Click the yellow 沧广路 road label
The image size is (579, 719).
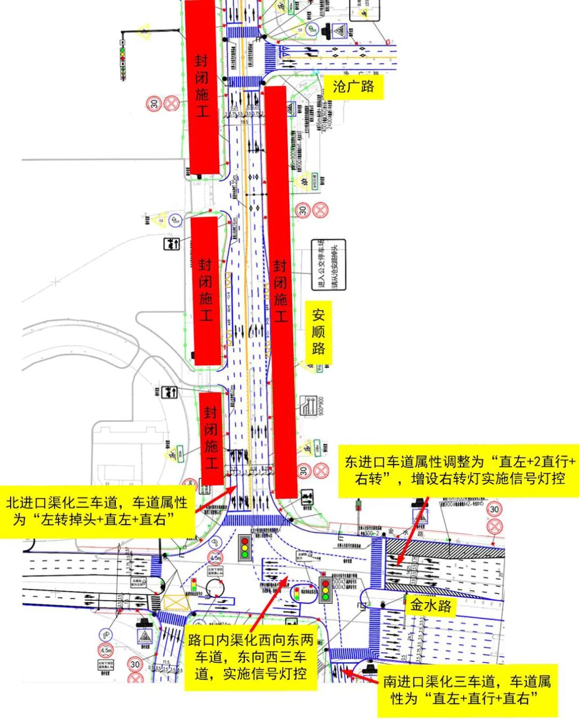353,86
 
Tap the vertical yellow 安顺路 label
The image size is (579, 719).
318,332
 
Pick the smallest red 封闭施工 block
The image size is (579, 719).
211,438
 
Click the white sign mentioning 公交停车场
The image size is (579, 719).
329,265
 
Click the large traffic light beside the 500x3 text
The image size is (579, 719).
325,589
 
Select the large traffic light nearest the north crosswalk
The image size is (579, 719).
245,547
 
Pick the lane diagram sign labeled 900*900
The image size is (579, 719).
308,406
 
